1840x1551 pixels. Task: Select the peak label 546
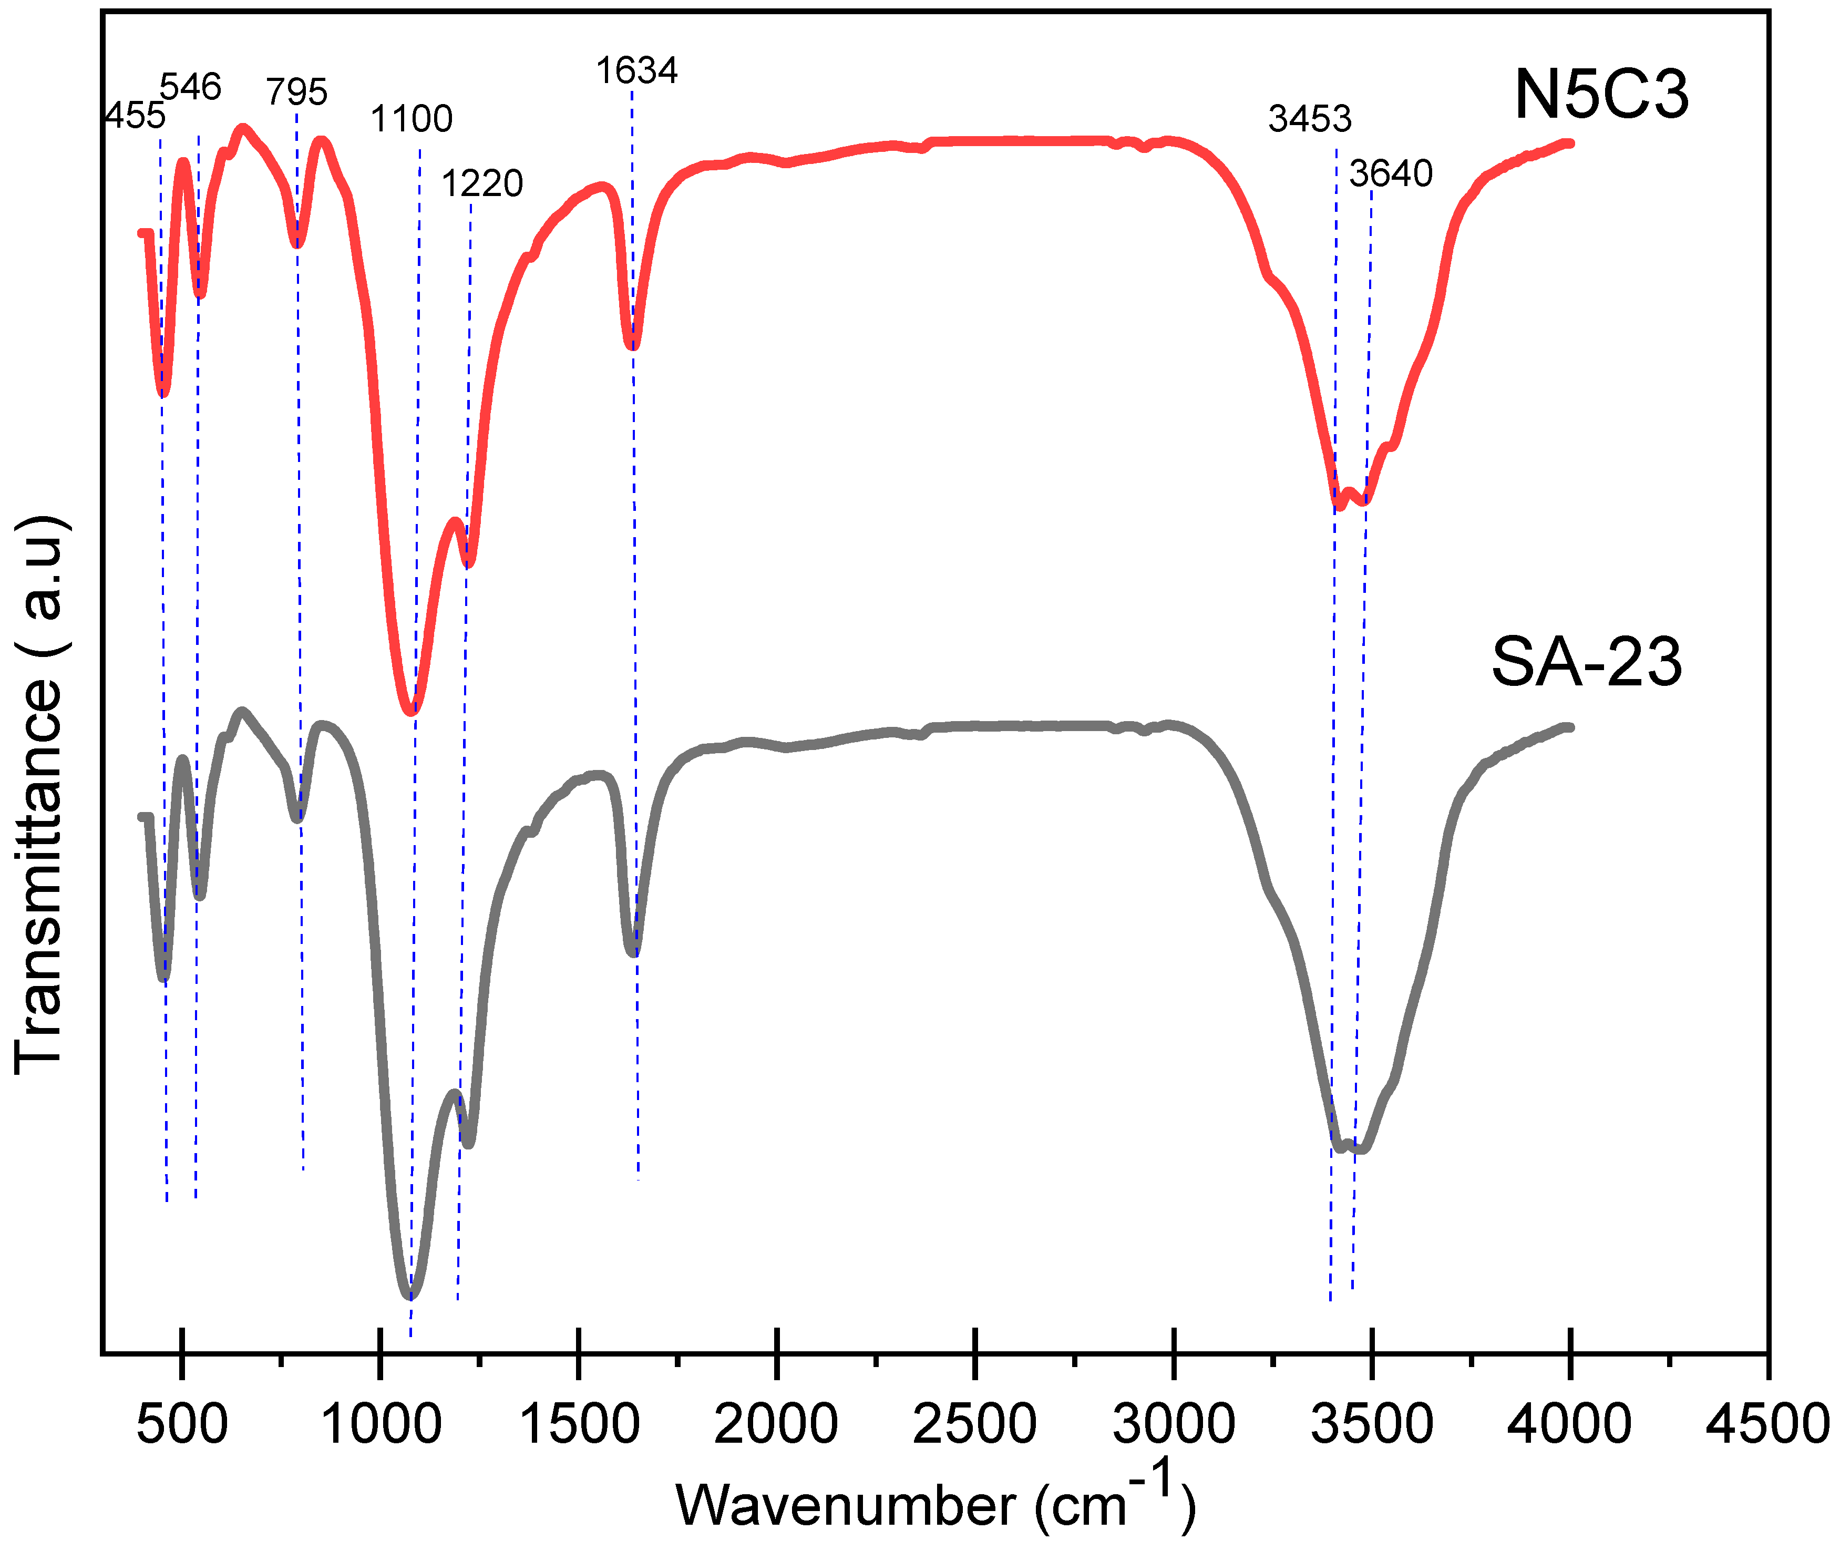[191, 87]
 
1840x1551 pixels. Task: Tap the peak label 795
[297, 91]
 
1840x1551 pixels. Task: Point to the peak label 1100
[412, 119]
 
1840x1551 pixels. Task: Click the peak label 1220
[482, 184]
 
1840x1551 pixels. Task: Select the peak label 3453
[1309, 119]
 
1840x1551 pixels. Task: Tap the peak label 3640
[1391, 174]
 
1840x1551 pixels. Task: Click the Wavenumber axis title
[936, 1505]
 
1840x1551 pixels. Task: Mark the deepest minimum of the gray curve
[410, 1295]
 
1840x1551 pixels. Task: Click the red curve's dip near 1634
[633, 345]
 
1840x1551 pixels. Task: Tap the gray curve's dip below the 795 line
[298, 818]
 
